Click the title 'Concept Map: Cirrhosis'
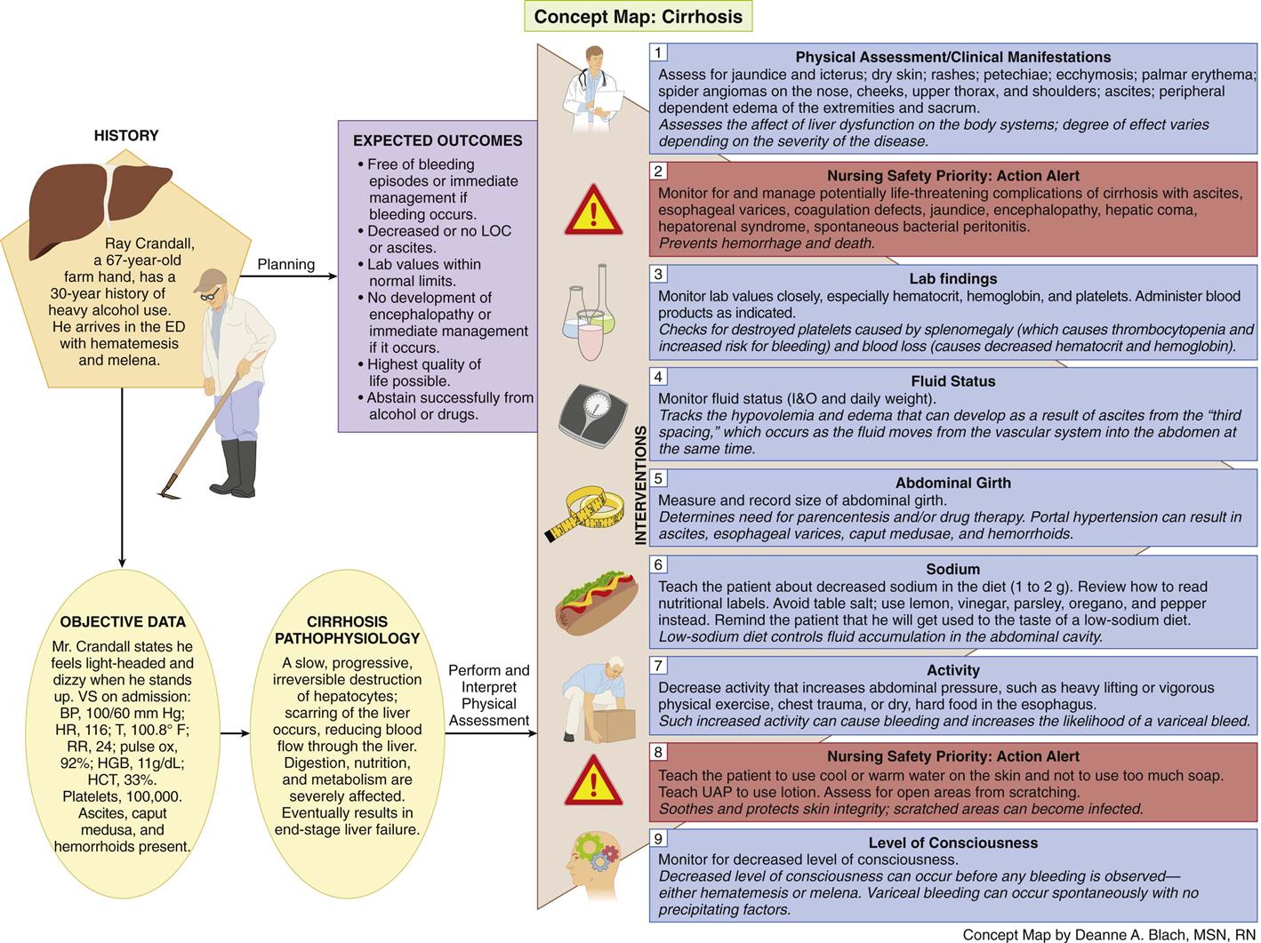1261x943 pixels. tap(638, 17)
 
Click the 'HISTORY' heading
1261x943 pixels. tap(126, 135)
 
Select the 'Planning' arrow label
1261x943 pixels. tap(286, 264)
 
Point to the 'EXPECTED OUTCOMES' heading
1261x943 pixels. tap(438, 140)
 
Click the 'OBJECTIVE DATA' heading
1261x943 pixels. tap(123, 621)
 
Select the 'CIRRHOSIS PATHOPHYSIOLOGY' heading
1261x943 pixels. tap(347, 629)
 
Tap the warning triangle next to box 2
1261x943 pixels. tap(593, 210)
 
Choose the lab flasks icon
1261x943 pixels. tap(589, 312)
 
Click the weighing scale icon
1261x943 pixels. tap(593, 416)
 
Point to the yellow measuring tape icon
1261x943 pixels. tap(584, 513)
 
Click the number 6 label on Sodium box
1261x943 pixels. tap(658, 564)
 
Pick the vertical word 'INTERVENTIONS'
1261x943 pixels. tap(640, 484)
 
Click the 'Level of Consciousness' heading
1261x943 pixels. tap(953, 843)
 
